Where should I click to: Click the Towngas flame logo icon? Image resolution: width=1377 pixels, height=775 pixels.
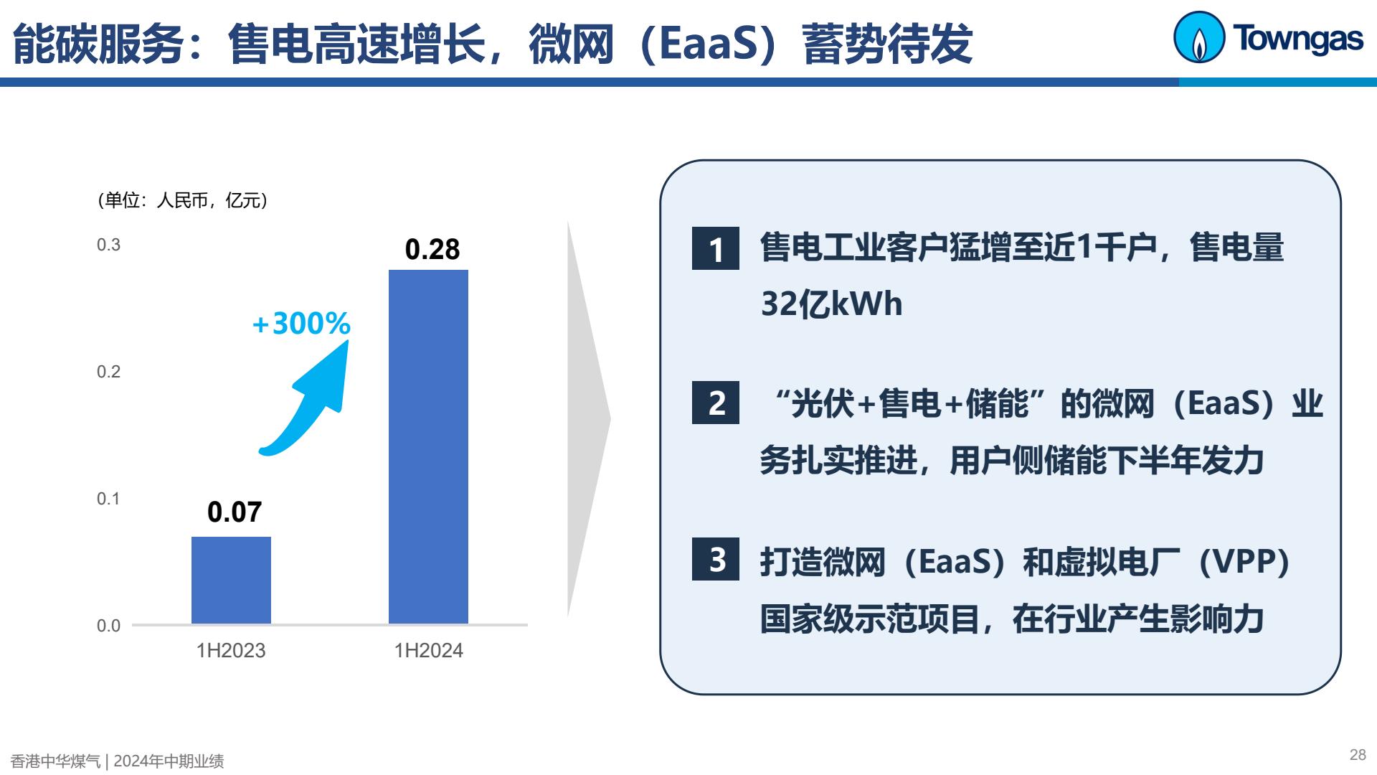pos(1198,37)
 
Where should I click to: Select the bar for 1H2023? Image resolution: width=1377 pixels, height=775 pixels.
pos(231,580)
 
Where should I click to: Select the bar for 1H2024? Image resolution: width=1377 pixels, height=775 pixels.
pos(428,446)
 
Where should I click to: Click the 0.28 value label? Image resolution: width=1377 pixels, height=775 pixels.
pos(432,249)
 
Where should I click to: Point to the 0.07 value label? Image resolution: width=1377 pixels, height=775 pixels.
pos(235,512)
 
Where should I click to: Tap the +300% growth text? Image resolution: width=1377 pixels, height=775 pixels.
pos(301,324)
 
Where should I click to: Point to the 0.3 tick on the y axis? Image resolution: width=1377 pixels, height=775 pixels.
pos(109,245)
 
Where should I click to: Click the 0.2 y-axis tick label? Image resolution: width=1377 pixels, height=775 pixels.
pos(109,372)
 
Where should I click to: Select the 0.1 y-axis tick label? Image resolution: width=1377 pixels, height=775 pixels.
pos(109,499)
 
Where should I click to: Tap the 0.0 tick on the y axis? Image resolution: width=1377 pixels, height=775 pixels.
pos(109,626)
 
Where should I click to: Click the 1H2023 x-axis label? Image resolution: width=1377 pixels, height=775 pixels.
pos(231,651)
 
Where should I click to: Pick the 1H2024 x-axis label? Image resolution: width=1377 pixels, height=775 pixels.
pos(428,651)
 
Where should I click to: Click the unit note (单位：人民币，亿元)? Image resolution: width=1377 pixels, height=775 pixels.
pos(183,200)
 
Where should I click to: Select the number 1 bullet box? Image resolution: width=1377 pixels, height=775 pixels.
pos(716,248)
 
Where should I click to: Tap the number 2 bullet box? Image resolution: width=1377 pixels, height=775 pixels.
pos(716,403)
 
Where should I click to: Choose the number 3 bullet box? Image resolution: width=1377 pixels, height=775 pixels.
pos(716,559)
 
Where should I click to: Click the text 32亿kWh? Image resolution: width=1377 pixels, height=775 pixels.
pos(831,304)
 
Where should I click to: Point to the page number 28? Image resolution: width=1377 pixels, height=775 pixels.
pos(1358,755)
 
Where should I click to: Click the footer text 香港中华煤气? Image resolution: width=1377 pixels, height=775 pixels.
pos(56,761)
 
